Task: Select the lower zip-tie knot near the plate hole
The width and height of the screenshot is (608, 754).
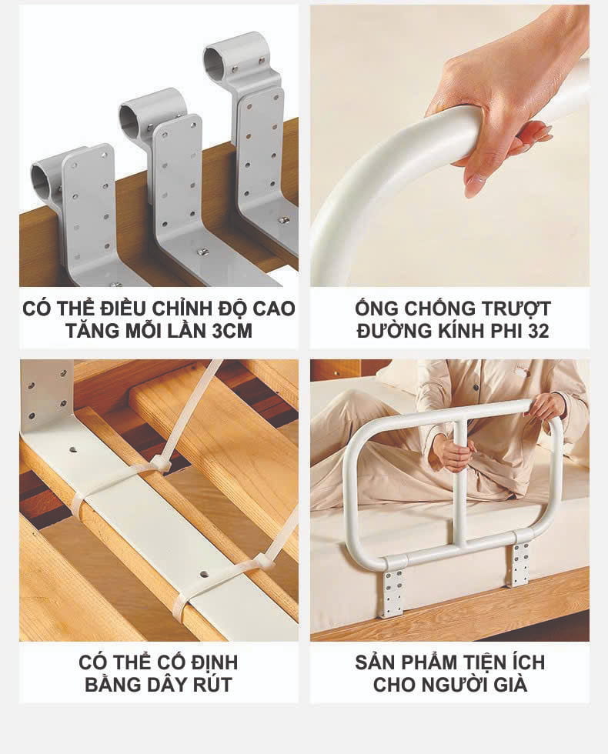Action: pyautogui.click(x=263, y=561)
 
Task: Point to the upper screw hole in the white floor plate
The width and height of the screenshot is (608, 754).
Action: pyautogui.click(x=74, y=450)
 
